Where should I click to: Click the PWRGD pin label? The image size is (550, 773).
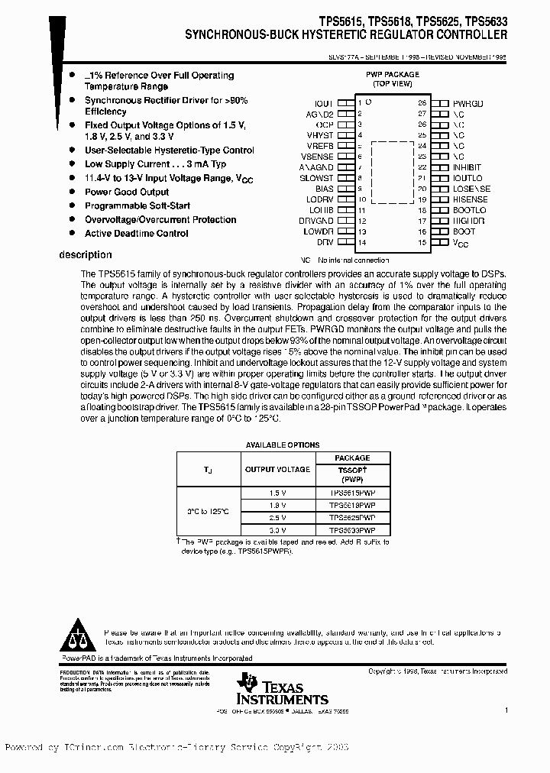click(467, 102)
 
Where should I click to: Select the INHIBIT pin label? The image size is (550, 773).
click(467, 167)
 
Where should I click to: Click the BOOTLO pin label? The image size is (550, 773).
click(468, 209)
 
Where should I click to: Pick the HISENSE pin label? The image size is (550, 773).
click(470, 199)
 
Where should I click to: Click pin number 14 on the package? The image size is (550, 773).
click(361, 242)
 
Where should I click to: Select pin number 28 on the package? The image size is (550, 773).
click(422, 102)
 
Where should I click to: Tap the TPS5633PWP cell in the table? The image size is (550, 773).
click(352, 529)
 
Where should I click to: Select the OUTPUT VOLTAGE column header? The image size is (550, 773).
click(277, 469)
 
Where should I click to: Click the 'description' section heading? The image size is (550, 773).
click(85, 255)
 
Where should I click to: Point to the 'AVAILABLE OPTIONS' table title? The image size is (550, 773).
click(283, 445)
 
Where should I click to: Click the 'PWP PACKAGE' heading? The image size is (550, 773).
click(391, 75)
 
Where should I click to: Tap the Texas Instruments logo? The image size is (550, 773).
click(282, 689)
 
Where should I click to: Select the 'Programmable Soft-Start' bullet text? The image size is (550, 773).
click(137, 205)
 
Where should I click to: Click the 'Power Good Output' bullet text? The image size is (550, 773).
click(126, 192)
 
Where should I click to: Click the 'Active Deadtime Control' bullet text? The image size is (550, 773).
click(136, 233)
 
